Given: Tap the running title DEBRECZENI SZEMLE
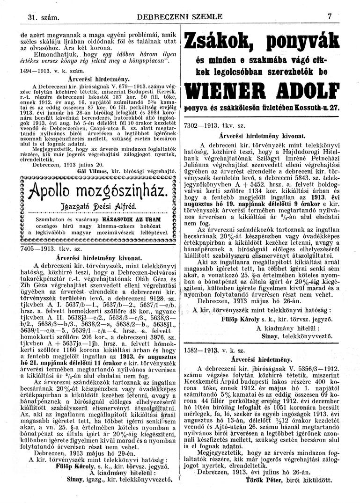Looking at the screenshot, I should pyautogui.click(x=180, y=17).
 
